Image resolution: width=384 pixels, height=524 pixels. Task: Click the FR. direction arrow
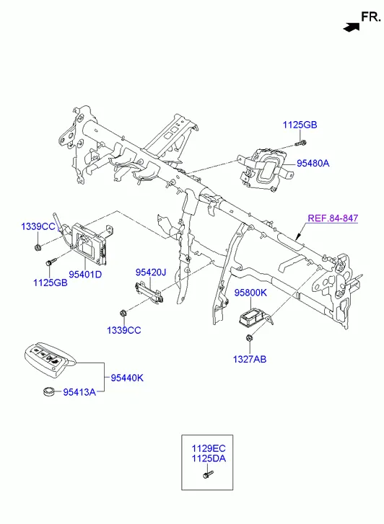352,27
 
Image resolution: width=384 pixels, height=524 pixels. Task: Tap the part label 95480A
313,164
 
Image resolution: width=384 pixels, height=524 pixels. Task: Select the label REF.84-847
333,218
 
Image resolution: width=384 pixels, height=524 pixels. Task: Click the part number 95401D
85,275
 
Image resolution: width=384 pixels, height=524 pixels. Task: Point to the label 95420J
151,272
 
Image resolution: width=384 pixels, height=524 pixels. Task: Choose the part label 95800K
250,293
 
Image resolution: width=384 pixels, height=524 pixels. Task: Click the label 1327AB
250,359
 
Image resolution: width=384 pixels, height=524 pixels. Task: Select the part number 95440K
127,378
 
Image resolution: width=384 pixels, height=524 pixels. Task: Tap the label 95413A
79,392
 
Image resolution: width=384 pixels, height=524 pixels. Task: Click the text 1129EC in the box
209,448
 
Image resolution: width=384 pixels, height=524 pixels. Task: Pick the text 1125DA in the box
209,458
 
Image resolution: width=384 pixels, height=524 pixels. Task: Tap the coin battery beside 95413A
49,391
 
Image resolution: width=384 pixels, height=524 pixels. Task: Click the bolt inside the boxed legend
208,474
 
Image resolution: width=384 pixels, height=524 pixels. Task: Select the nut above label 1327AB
249,338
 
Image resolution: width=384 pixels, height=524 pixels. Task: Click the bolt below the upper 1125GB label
301,143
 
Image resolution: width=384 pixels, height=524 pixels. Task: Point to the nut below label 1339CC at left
38,247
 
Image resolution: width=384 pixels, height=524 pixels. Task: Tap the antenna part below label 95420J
149,292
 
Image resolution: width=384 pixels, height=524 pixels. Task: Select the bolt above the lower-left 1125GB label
51,262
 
